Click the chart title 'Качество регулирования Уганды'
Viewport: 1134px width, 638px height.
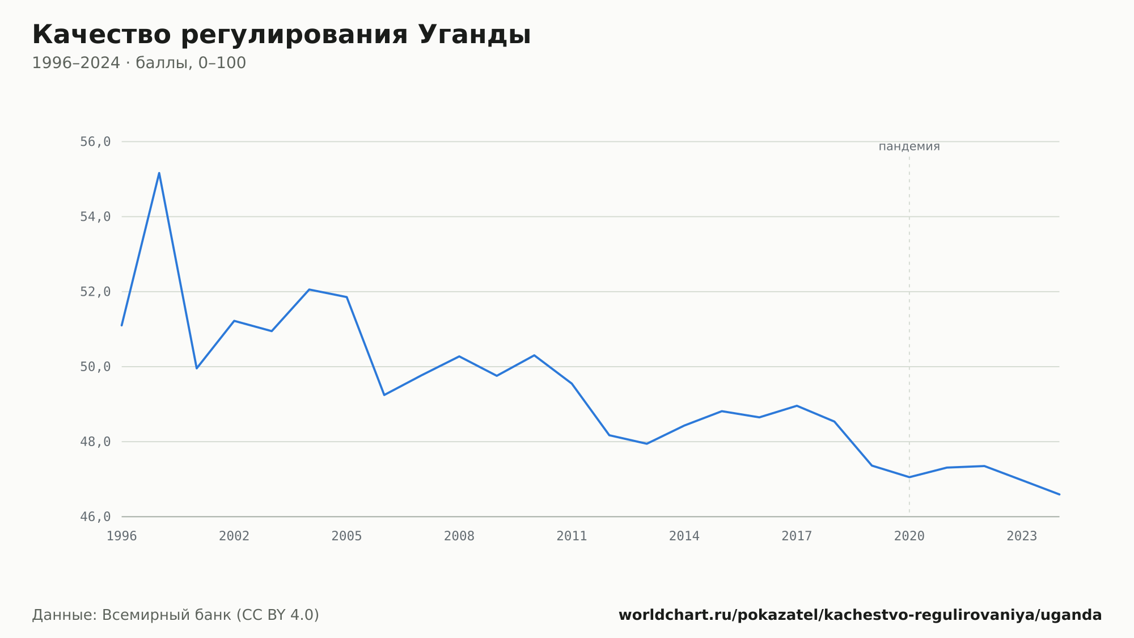coord(281,35)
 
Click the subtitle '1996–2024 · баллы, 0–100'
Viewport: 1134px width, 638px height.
coord(139,63)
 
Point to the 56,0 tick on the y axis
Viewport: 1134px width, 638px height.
coord(95,142)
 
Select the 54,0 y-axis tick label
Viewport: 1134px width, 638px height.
coord(95,217)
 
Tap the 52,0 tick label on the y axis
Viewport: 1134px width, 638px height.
coord(95,292)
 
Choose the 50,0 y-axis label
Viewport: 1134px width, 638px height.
coord(95,367)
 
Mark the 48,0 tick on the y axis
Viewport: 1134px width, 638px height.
coord(95,442)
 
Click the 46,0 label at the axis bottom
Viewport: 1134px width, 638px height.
coord(95,517)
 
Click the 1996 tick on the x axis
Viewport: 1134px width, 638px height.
coord(122,536)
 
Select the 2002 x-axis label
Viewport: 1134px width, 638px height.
coord(234,536)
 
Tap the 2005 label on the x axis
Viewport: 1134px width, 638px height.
coord(347,536)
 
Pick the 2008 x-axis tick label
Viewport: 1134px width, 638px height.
coord(459,536)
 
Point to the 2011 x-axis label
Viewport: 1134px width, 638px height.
coord(572,536)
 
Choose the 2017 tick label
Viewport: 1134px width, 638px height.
coord(797,536)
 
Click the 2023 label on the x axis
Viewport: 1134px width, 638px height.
coord(1022,536)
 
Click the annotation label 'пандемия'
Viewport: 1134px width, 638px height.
coord(909,146)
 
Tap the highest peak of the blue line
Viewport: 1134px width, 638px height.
coord(159,173)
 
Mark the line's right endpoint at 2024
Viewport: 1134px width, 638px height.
coord(1059,494)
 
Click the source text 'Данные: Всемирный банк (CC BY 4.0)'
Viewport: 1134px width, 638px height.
coord(176,615)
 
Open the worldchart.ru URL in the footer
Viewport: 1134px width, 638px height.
coord(860,615)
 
